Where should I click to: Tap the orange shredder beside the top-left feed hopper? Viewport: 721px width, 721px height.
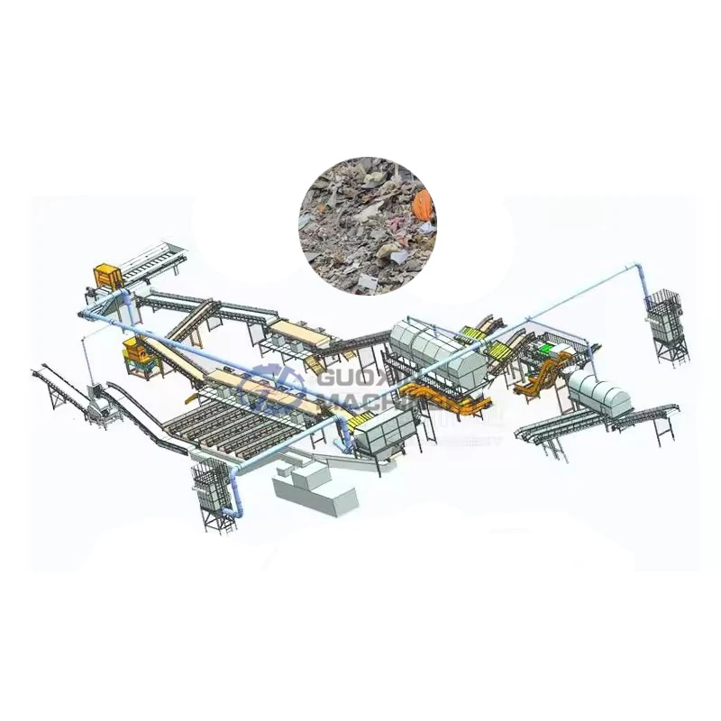(x=108, y=276)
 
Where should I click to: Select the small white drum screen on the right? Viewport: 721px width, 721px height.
(x=599, y=395)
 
